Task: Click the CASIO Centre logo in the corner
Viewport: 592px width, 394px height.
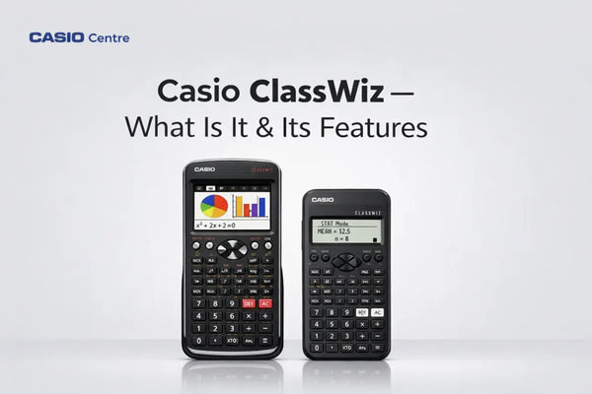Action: (x=79, y=38)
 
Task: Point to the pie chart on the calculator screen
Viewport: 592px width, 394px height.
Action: (x=214, y=206)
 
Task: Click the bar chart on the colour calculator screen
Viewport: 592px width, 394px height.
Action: (x=250, y=206)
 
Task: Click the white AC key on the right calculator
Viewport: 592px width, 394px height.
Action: (x=377, y=311)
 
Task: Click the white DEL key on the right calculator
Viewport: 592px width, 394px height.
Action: (x=362, y=311)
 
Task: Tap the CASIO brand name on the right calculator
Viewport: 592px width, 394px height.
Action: (x=323, y=200)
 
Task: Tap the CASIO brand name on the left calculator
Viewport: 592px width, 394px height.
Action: (x=204, y=169)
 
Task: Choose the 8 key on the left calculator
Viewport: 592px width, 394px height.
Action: (x=215, y=303)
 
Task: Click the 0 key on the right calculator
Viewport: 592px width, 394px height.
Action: (x=317, y=348)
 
